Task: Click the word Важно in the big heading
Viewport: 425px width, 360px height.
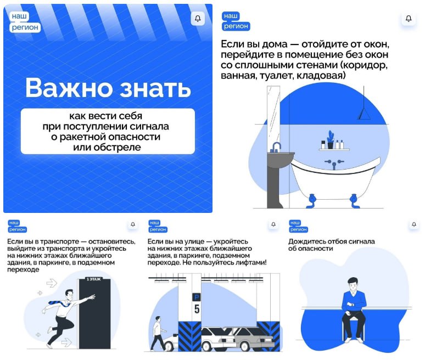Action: pyautogui.click(x=69, y=87)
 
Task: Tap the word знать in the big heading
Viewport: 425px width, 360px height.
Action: pyautogui.click(x=155, y=88)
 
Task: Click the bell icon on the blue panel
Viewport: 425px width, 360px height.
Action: pyautogui.click(x=198, y=19)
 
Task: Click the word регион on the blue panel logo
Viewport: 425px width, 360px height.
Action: pyautogui.click(x=25, y=27)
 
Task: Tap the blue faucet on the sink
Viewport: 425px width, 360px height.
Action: pyautogui.click(x=276, y=147)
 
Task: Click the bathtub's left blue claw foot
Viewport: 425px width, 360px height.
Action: pyautogui.click(x=312, y=201)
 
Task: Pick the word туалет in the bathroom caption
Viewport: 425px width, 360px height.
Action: pyautogui.click(x=276, y=76)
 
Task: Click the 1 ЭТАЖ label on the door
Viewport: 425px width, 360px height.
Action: pyautogui.click(x=94, y=279)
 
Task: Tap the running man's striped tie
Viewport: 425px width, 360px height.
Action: pyautogui.click(x=59, y=303)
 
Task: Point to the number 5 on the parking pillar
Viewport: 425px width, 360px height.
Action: pyautogui.click(x=197, y=309)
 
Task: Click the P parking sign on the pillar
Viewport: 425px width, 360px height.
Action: pyautogui.click(x=196, y=297)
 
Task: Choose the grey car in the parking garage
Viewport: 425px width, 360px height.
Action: pyautogui.click(x=254, y=339)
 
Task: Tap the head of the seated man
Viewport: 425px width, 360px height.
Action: pyautogui.click(x=353, y=284)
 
